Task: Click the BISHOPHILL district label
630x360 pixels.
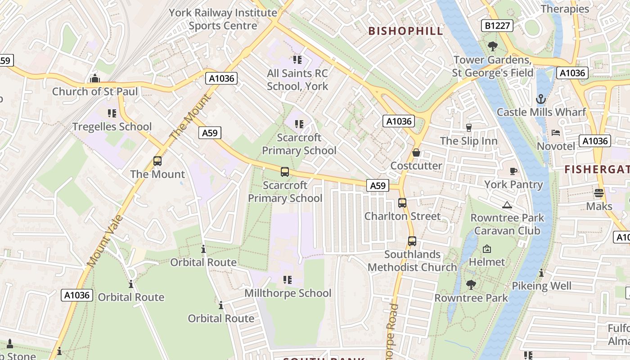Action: point(406,31)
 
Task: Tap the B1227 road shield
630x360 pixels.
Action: point(498,26)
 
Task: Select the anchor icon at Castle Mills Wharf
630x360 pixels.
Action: point(541,99)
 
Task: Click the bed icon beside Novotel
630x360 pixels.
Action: point(556,133)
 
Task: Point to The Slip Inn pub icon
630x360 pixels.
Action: point(468,128)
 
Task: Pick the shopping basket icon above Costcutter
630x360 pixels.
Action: point(416,153)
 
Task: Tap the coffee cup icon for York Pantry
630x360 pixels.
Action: point(513,171)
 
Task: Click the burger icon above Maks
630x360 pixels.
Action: point(598,193)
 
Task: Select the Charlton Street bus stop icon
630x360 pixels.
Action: point(402,203)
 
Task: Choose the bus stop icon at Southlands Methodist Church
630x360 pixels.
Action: point(412,241)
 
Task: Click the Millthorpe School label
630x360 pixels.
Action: point(288,293)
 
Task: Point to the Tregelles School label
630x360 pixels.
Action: point(112,127)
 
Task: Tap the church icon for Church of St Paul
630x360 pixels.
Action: point(94,79)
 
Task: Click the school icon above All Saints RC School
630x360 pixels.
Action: point(297,60)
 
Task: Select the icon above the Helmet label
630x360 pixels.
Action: point(486,249)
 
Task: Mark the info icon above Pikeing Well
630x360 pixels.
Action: point(541,273)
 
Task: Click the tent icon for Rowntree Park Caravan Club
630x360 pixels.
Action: point(507,205)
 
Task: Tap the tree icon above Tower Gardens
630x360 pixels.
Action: point(493,46)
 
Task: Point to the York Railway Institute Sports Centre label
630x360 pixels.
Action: point(223,19)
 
